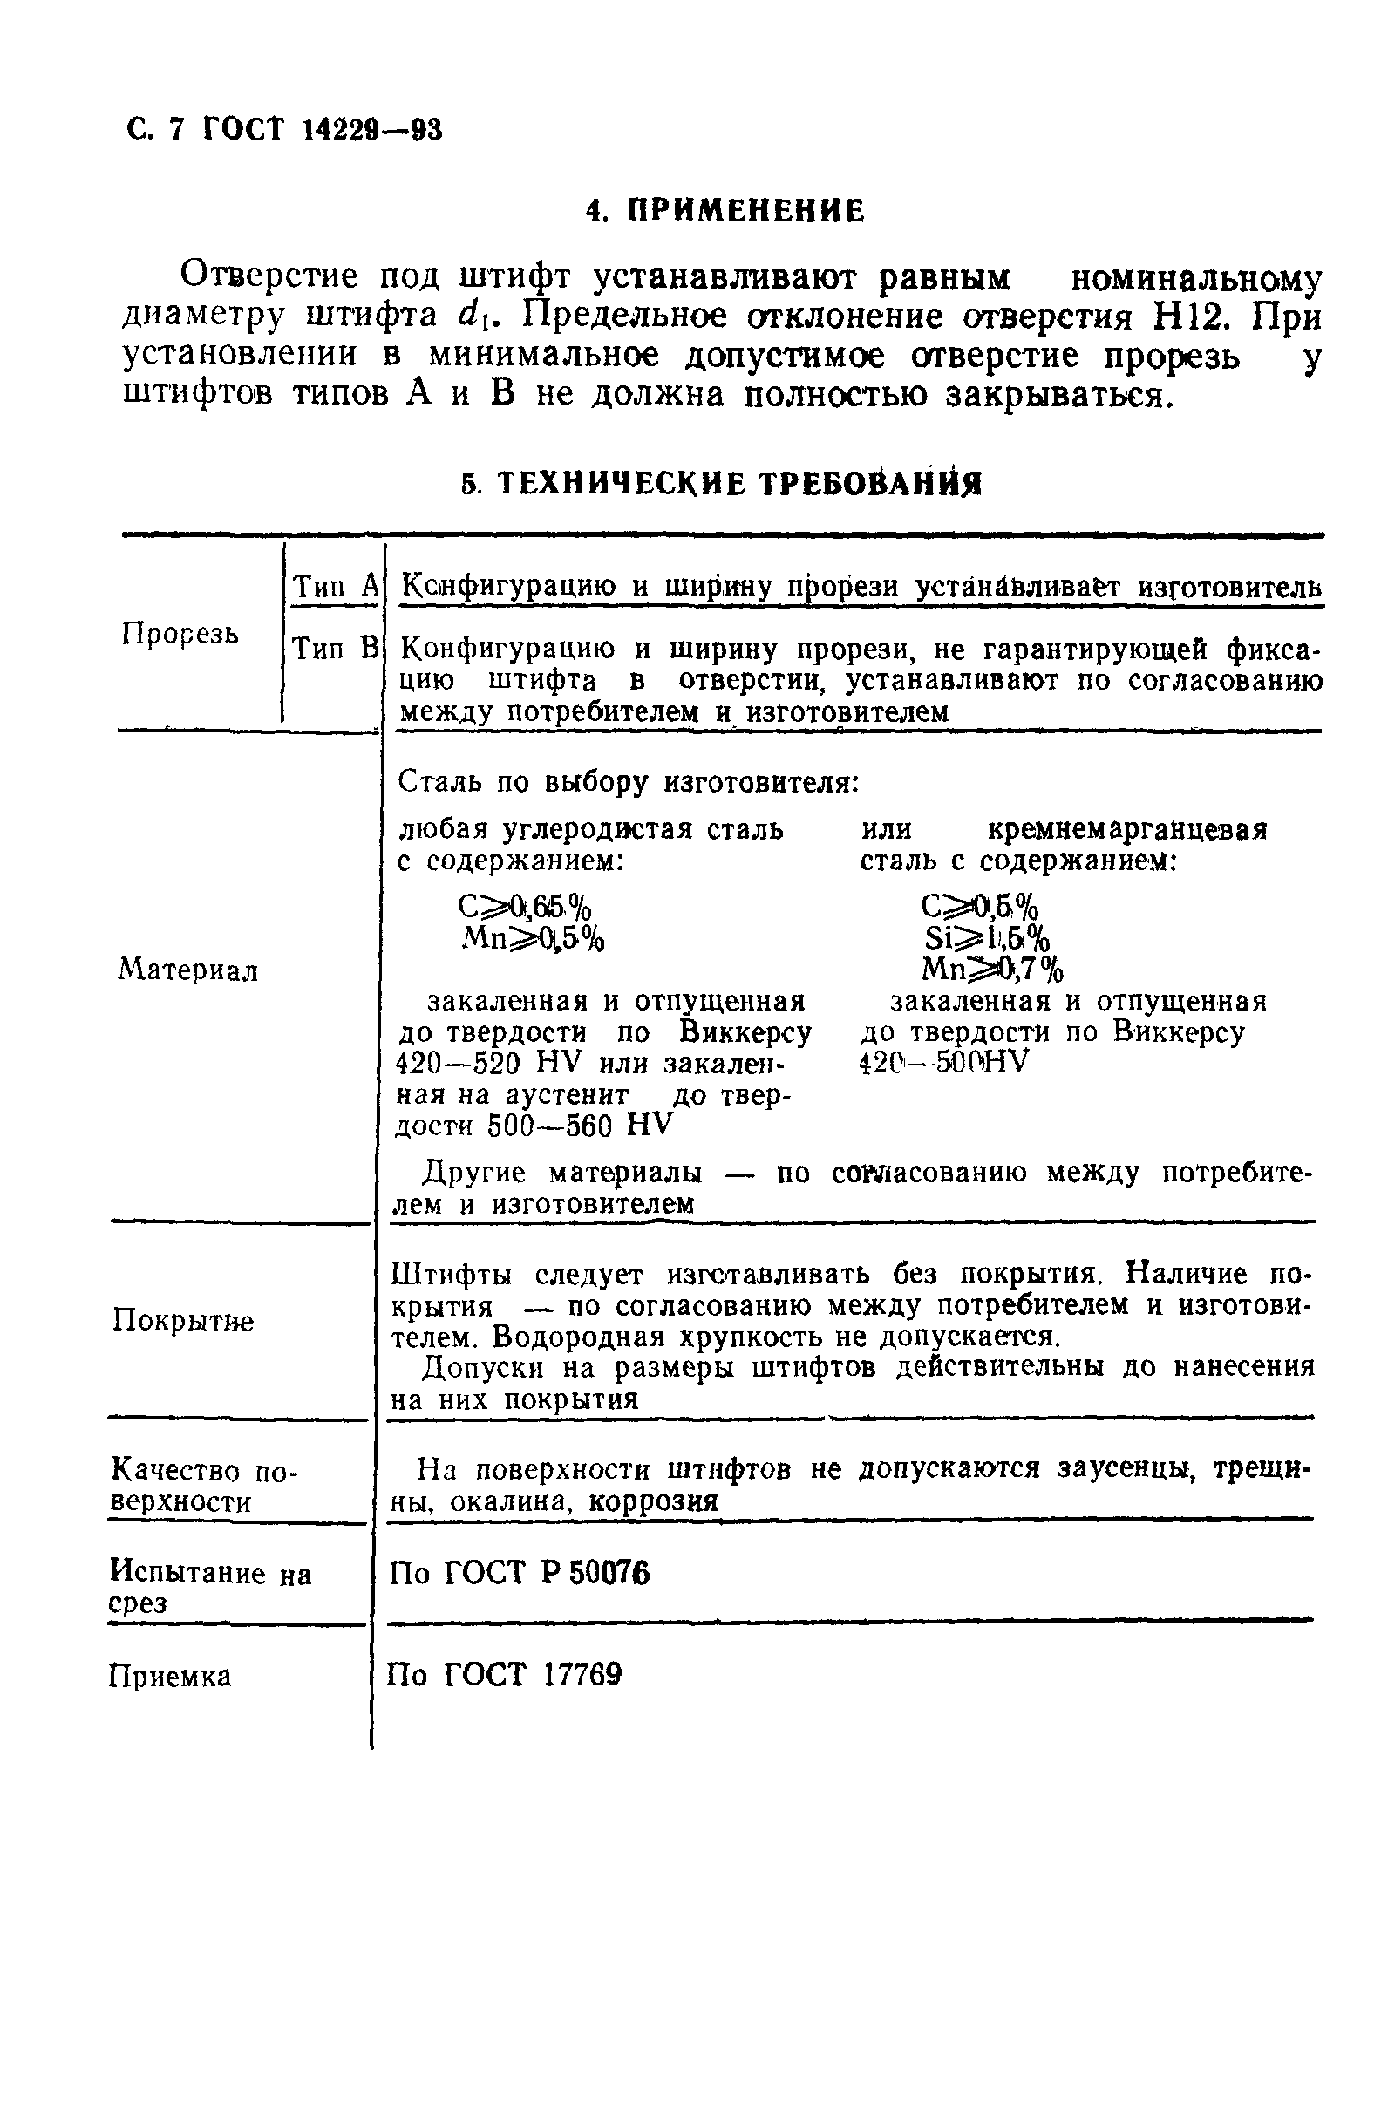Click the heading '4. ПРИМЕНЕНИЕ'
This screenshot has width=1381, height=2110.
[725, 211]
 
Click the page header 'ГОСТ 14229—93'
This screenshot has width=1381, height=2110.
[322, 130]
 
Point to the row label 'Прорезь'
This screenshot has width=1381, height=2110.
[179, 635]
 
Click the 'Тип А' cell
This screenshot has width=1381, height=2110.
[335, 586]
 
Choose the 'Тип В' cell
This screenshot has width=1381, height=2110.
[335, 649]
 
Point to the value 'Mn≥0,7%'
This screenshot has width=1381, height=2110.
[992, 969]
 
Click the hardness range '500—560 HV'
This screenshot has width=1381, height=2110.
[580, 1126]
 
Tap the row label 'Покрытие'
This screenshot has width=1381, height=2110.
[182, 1321]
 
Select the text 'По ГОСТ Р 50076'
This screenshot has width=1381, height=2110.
[520, 1573]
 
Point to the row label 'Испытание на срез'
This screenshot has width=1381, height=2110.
[209, 1588]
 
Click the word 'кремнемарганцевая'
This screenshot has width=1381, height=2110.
[1126, 830]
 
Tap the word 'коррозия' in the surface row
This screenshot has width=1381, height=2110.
[653, 1501]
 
